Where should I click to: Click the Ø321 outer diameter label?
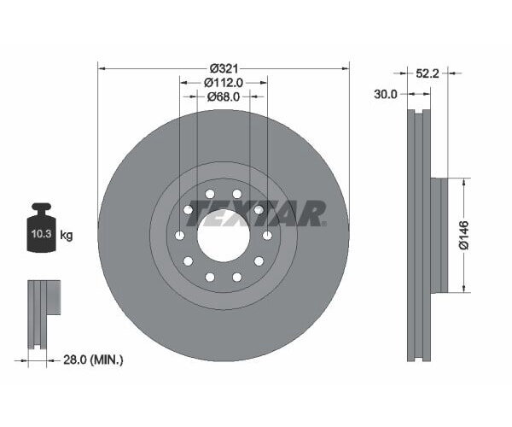click(224, 67)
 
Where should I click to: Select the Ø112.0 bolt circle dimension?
click(224, 83)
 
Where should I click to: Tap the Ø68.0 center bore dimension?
click(224, 97)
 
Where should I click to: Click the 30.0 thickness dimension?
click(386, 95)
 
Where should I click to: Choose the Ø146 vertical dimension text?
click(463, 234)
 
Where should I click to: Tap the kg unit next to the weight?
click(67, 235)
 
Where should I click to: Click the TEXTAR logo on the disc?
click(256, 213)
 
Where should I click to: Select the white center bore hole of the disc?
click(224, 236)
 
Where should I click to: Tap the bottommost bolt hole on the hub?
click(211, 277)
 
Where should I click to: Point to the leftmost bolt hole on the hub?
click(181, 236)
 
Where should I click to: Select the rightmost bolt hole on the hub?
click(267, 236)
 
